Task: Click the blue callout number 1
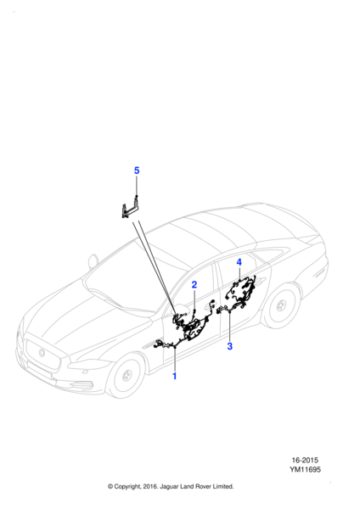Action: [x=174, y=376]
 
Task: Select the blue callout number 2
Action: [x=194, y=285]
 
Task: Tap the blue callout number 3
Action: [x=230, y=346]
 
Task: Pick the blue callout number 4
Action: [x=239, y=262]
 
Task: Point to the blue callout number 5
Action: [x=137, y=171]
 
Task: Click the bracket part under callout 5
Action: [x=131, y=208]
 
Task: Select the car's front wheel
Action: [x=125, y=376]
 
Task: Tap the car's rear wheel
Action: [x=281, y=305]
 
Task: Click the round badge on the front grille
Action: [x=42, y=353]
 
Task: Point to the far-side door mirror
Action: [x=93, y=261]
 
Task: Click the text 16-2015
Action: [x=305, y=460]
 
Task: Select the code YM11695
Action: [x=306, y=469]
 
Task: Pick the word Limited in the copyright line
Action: [x=223, y=486]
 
